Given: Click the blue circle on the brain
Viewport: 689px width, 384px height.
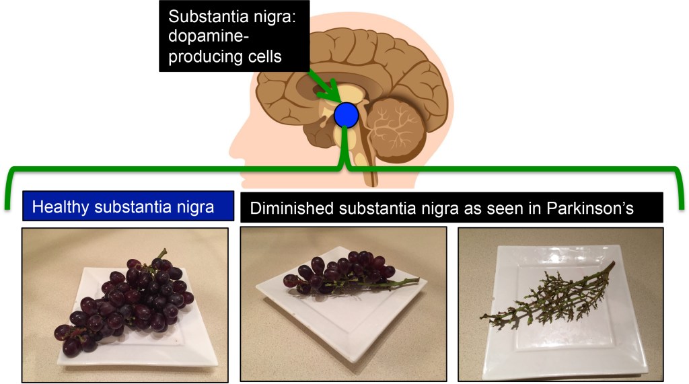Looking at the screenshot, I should [x=347, y=115].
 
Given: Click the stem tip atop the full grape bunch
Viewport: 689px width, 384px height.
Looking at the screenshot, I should [x=162, y=254].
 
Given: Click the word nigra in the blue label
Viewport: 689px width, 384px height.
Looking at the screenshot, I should [x=194, y=207].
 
